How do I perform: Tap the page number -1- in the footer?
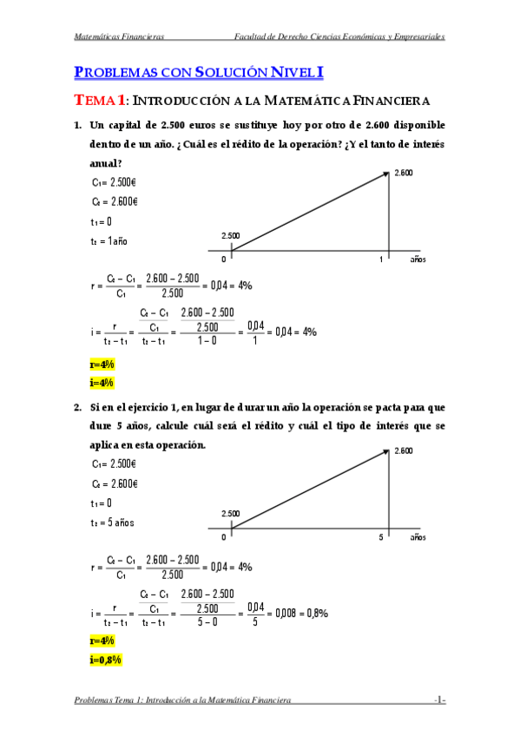coord(440,700)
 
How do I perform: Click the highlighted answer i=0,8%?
coord(105,660)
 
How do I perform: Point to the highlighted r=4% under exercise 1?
coord(102,364)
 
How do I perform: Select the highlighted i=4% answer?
coord(102,382)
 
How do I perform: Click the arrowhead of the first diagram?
coord(385,174)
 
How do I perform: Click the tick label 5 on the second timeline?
coord(380,538)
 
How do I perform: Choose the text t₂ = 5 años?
coord(113,522)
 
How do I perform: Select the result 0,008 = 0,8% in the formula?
coord(300,612)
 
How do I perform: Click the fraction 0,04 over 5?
coord(254,613)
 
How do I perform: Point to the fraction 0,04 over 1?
coord(254,332)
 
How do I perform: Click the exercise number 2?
coord(78,406)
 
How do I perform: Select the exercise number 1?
coord(78,127)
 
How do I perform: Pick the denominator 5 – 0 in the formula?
coord(207,621)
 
